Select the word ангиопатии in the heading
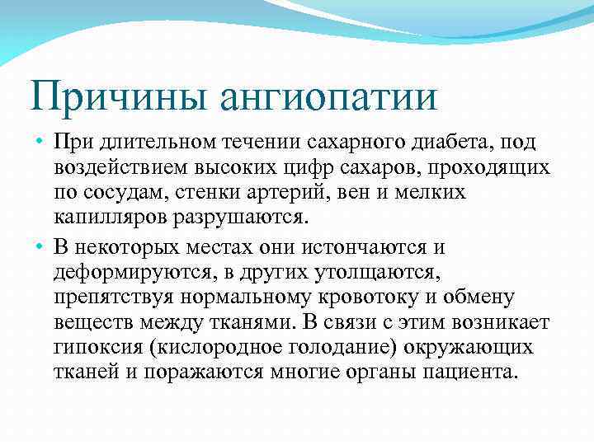(328, 96)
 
